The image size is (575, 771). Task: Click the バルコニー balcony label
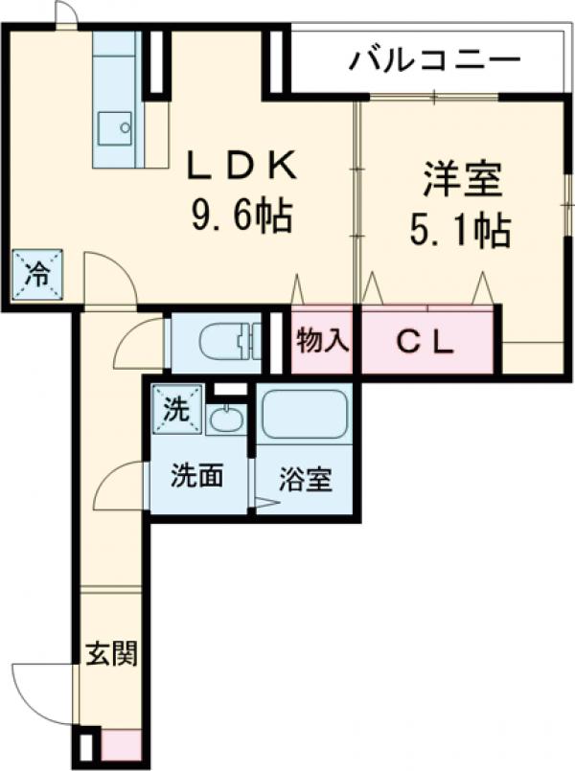coord(434,59)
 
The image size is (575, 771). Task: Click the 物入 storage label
coord(323,340)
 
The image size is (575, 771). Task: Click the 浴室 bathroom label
coord(306,479)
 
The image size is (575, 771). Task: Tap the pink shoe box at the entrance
coord(122,744)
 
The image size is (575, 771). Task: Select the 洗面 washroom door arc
coord(118,486)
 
